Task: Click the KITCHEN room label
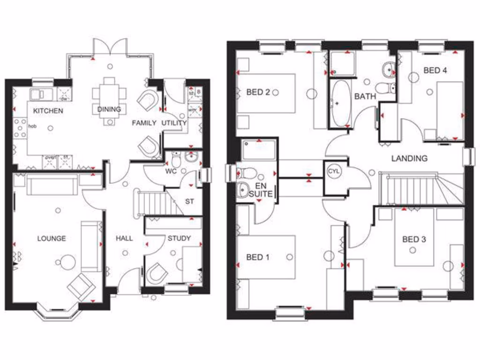pos(48,111)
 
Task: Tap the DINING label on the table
pos(109,109)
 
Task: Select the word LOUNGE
pos(52,239)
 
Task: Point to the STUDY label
pos(179,239)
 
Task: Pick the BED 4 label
pos(435,71)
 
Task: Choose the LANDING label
pos(410,158)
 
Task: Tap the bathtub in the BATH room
pos(340,103)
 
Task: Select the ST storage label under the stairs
pos(189,202)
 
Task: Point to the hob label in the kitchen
pos(33,127)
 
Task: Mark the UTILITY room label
pos(174,123)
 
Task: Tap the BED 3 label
pos(414,240)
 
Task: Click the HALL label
pos(124,239)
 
